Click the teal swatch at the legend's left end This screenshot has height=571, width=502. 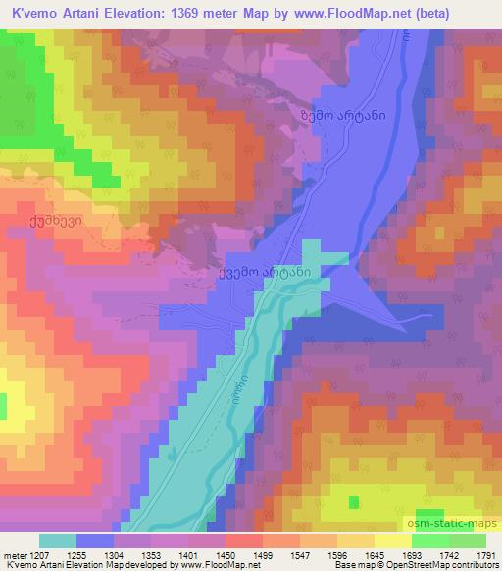(57, 540)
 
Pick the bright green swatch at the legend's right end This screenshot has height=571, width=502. (468, 540)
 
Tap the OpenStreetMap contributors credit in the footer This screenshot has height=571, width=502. (432, 565)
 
